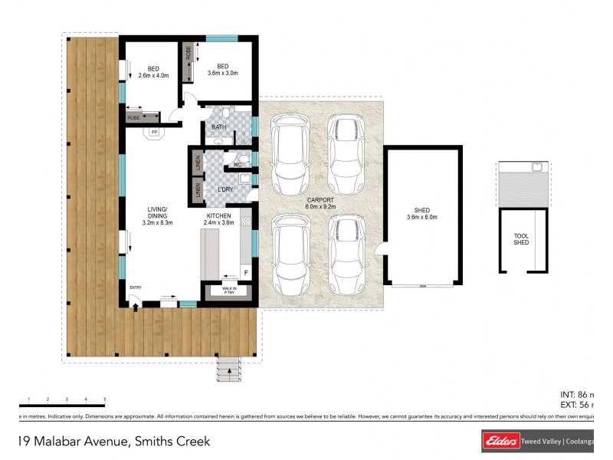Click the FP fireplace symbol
pyautogui.click(x=154, y=133)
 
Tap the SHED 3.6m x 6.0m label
pyautogui.click(x=421, y=214)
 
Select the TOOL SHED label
pyautogui.click(x=521, y=239)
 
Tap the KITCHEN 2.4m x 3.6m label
pyautogui.click(x=218, y=219)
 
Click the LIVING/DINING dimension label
pyautogui.click(x=157, y=217)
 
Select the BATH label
pyautogui.click(x=219, y=127)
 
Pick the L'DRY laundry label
pyautogui.click(x=225, y=189)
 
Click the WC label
pyautogui.click(x=237, y=165)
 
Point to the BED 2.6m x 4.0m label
pyautogui.click(x=152, y=72)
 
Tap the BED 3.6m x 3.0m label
pyautogui.click(x=222, y=70)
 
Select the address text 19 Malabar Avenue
pyautogui.click(x=113, y=441)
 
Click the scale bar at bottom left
pyautogui.click(x=62, y=404)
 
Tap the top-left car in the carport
pyautogui.click(x=290, y=153)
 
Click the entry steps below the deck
pyautogui.click(x=228, y=370)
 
